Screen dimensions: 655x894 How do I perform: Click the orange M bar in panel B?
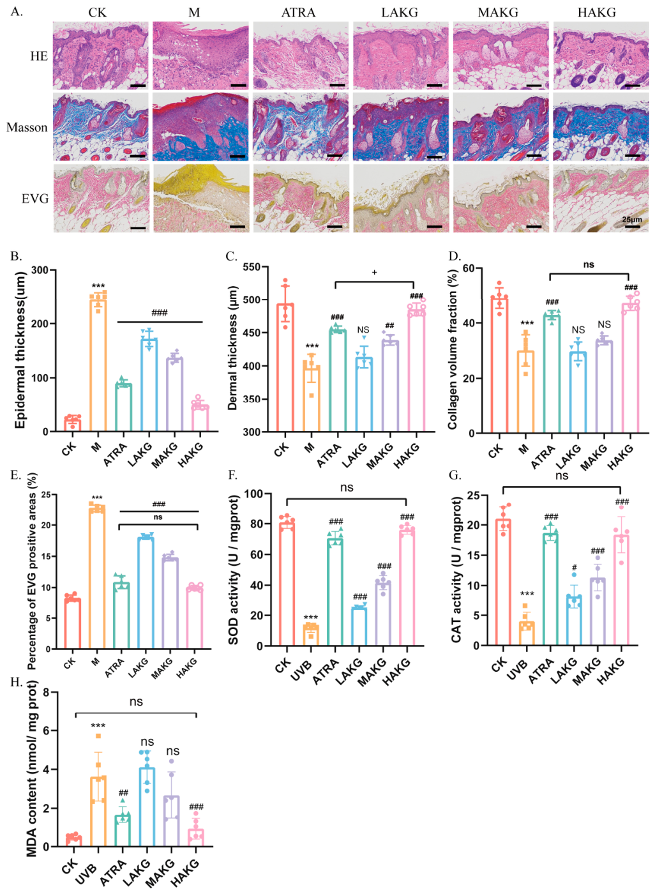[98, 364]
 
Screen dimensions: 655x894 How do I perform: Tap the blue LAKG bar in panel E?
[146, 593]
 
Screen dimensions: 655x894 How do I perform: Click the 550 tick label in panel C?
[252, 267]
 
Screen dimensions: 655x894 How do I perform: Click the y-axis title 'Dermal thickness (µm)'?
[232, 348]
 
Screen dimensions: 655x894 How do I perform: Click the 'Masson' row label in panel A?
[27, 127]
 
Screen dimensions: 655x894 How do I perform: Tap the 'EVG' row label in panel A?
[35, 199]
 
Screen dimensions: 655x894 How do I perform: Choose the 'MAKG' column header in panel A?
[498, 13]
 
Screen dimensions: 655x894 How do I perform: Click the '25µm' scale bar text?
[632, 220]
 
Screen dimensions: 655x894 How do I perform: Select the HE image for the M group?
[200, 56]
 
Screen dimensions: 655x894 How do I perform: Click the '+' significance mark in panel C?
[374, 272]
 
